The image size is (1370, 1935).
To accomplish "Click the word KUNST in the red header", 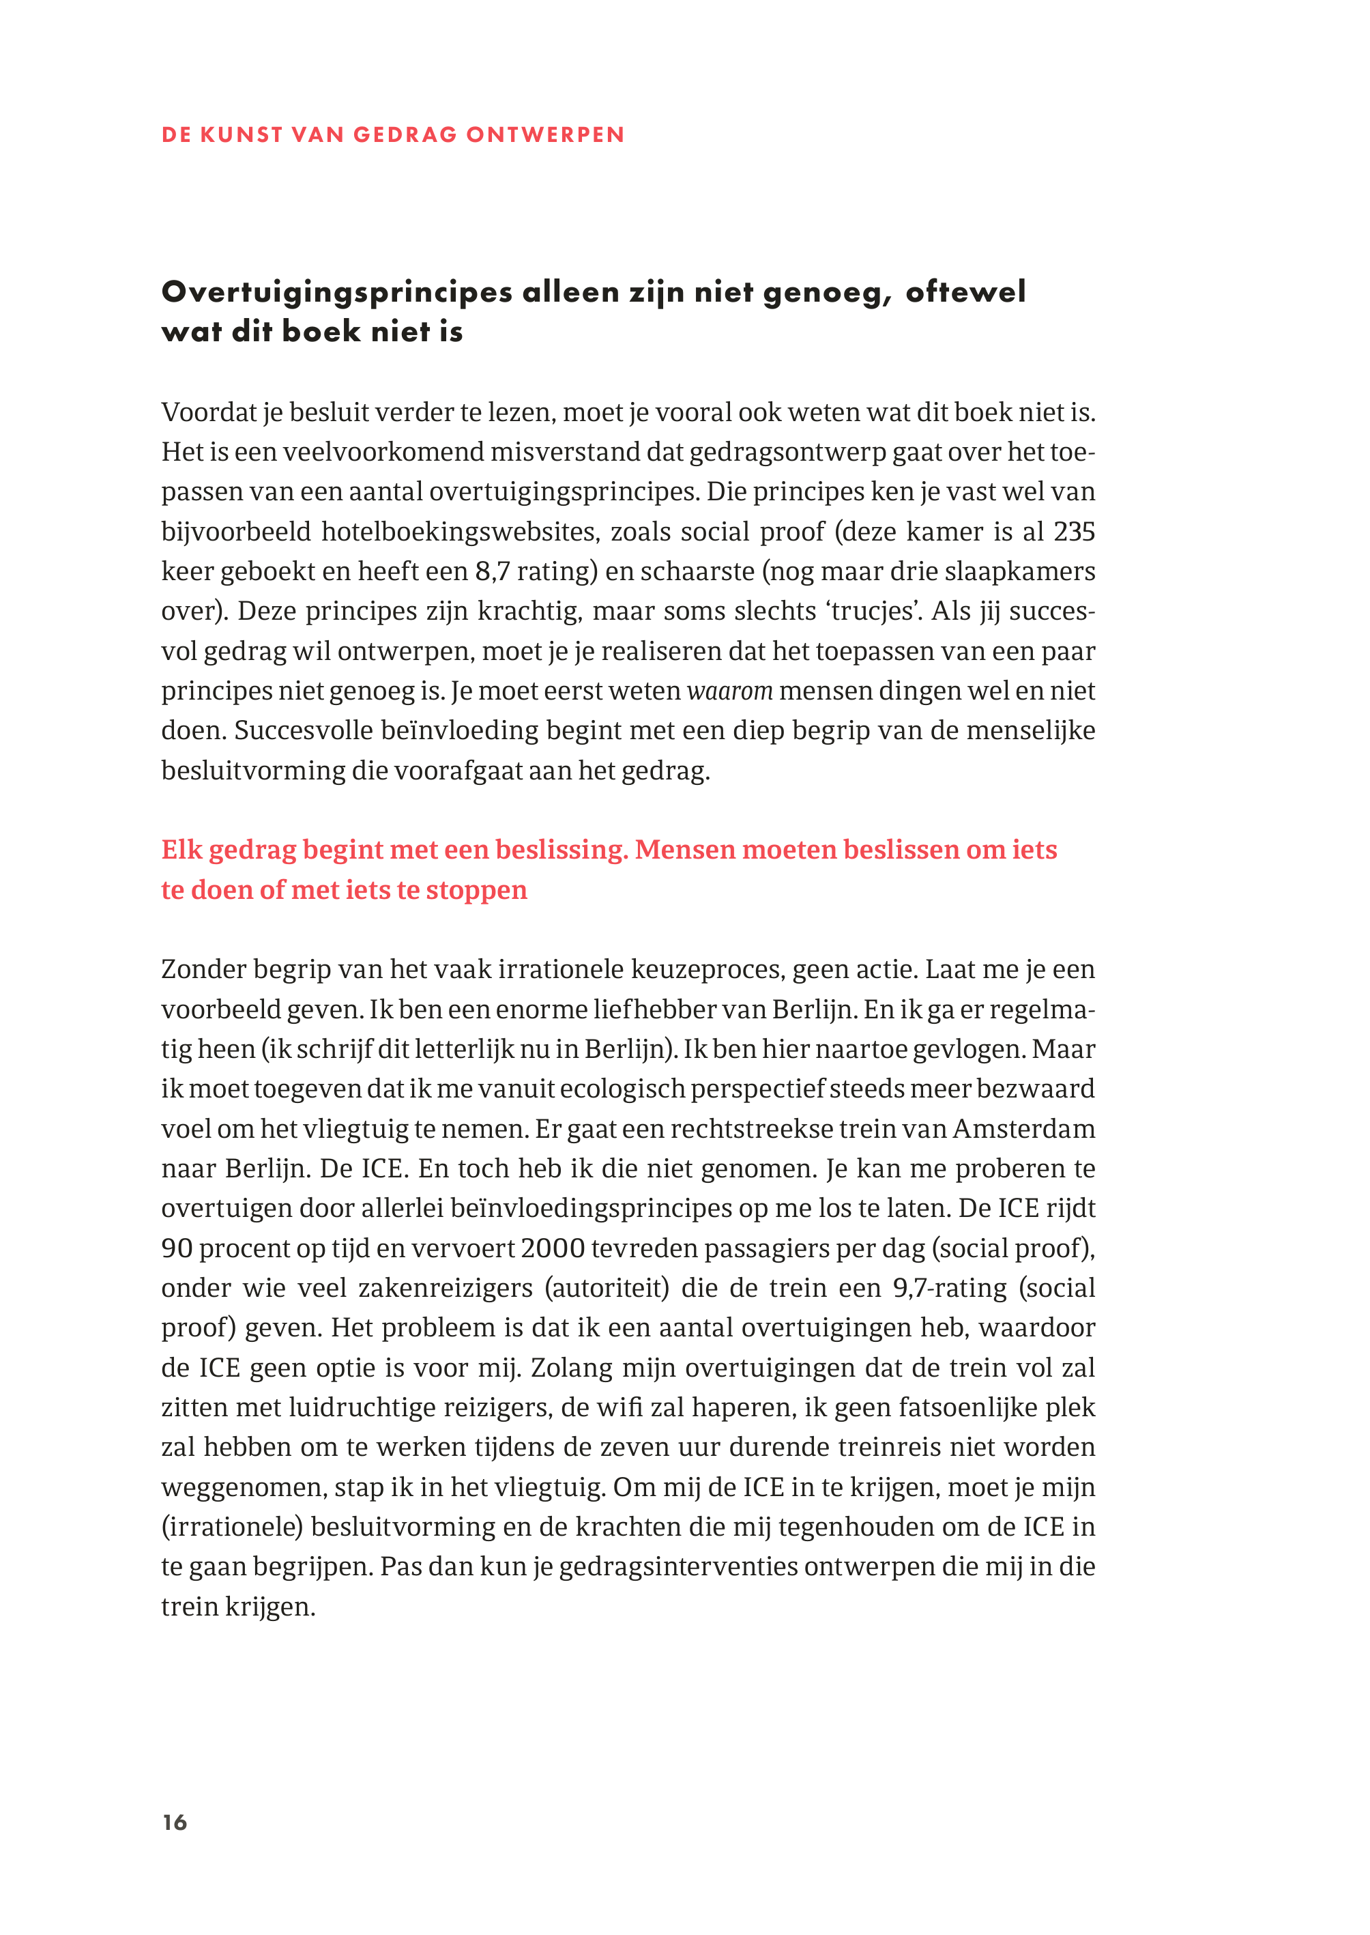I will [242, 135].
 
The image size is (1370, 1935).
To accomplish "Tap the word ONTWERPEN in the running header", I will [545, 135].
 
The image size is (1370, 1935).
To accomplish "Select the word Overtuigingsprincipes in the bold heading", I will [336, 292].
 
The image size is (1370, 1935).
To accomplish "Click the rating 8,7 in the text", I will [492, 571].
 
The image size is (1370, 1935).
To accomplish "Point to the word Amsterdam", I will [1023, 1128].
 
